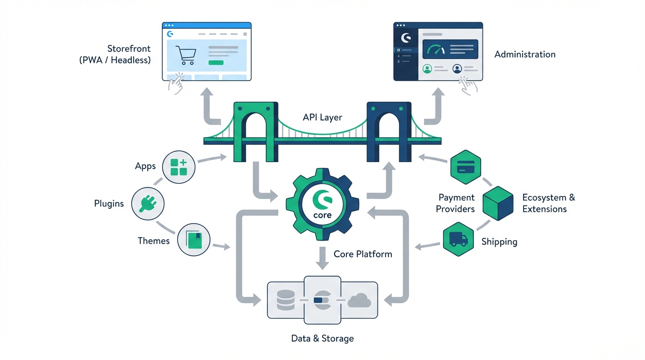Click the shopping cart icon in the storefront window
185,55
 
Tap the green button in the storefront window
216,62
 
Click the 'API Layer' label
322,117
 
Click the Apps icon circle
179,167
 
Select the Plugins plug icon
148,203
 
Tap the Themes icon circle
194,240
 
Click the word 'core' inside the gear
322,216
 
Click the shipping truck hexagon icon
458,240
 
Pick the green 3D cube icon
498,203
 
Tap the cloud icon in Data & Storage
360,300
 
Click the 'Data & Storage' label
322,338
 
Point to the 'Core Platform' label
363,254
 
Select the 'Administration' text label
525,54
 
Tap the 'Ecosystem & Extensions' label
548,203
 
